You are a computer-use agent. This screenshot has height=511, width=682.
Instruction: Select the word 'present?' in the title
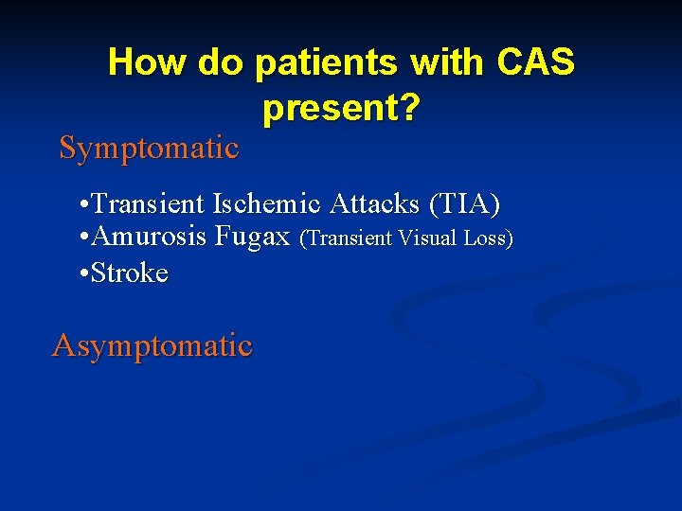(x=341, y=110)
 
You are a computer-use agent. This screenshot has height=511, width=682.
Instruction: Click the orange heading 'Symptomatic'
(x=149, y=148)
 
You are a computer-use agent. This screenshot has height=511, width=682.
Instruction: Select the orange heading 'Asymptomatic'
(x=152, y=345)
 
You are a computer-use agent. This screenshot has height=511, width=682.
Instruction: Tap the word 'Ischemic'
(x=269, y=204)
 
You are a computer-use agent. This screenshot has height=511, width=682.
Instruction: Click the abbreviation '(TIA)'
(x=464, y=204)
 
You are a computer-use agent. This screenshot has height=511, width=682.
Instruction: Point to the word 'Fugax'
(x=253, y=237)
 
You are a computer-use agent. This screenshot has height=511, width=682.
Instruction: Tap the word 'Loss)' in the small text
(x=488, y=239)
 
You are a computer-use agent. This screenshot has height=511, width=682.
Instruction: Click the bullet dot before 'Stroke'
(x=85, y=274)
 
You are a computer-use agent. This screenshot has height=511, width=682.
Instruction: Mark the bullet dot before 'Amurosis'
(x=85, y=238)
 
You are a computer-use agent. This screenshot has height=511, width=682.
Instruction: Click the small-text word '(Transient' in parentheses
(x=346, y=239)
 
